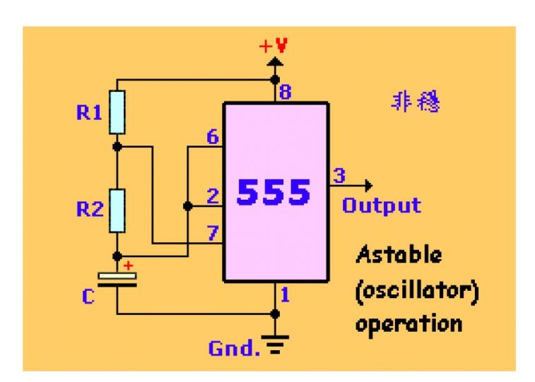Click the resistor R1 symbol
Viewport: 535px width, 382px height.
[117, 112]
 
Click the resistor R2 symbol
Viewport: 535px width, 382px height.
[117, 210]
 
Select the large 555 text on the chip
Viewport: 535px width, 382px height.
[274, 191]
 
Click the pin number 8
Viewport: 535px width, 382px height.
[285, 92]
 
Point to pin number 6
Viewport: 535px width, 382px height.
[212, 138]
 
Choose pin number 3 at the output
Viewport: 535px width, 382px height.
[339, 175]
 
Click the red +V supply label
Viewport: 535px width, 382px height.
[274, 48]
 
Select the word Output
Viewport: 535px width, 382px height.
[381, 205]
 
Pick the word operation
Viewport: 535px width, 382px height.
[408, 323]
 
